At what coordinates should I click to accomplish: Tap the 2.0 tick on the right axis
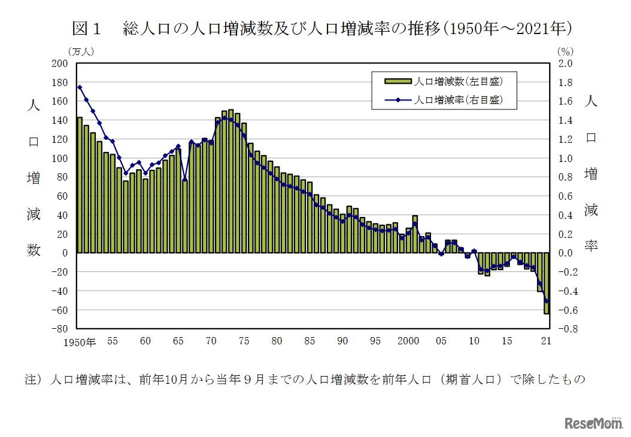566,63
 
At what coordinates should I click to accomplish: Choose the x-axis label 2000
408,341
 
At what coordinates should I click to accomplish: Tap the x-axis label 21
546,341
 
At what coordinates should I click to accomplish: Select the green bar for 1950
80,185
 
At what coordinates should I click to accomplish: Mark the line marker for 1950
80,87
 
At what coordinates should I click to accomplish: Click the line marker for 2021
546,301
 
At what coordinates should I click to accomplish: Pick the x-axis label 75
244,341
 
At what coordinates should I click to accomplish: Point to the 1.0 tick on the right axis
566,158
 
